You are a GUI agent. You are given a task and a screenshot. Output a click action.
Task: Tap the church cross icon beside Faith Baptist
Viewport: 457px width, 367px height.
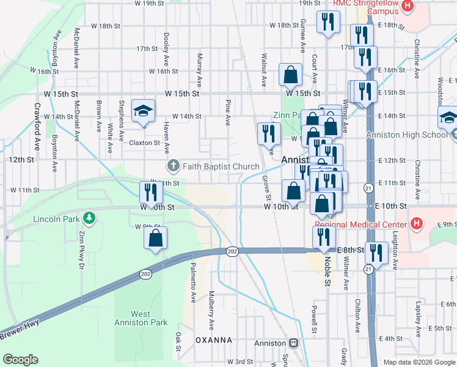(x=173, y=166)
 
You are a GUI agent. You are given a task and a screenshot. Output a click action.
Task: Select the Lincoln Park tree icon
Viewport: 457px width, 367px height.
(x=89, y=217)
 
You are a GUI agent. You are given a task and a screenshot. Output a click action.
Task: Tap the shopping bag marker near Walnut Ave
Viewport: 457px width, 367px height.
(x=291, y=75)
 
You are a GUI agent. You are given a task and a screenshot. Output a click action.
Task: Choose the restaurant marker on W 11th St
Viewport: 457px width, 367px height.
(x=150, y=193)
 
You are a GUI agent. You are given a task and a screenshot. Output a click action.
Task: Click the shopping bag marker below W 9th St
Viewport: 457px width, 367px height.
(x=156, y=238)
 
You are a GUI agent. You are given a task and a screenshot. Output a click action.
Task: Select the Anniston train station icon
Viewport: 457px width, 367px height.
(x=293, y=343)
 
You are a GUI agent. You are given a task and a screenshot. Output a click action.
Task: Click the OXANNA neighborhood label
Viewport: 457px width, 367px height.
(x=213, y=339)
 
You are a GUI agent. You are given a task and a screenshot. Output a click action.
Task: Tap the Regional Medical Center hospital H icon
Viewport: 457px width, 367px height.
(x=417, y=223)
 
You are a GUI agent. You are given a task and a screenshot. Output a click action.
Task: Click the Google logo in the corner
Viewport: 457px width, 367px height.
(x=20, y=359)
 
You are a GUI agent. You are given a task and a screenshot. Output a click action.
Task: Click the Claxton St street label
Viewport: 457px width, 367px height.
(x=144, y=143)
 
